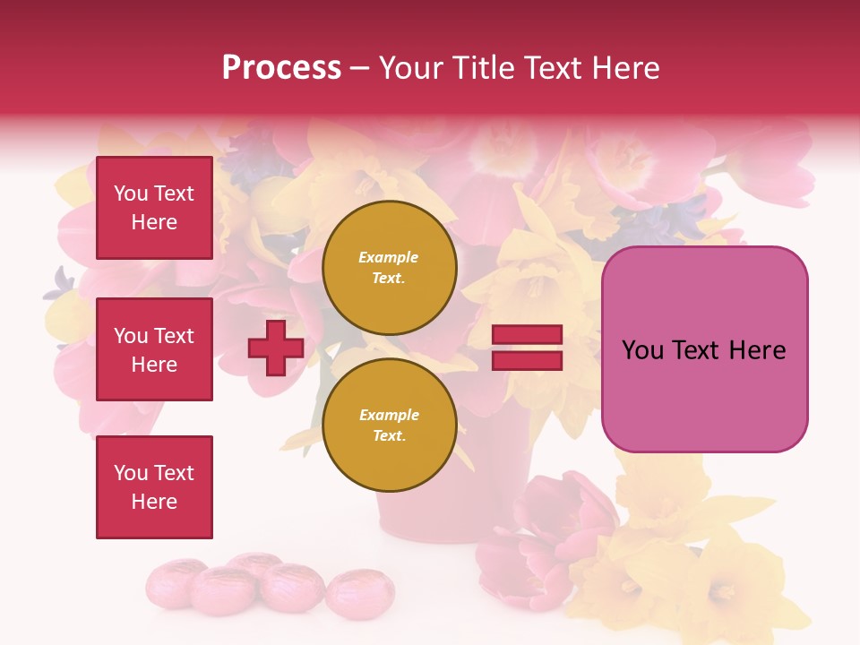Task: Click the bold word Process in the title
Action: (x=281, y=67)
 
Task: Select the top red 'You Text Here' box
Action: (x=154, y=208)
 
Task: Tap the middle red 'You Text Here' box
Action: (x=154, y=349)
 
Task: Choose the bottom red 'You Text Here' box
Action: (x=154, y=487)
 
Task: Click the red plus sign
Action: (x=275, y=348)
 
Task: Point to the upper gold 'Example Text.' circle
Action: (x=390, y=268)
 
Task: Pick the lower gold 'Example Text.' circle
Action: (x=390, y=425)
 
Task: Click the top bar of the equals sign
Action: (x=527, y=335)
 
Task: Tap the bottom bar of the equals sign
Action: (x=527, y=360)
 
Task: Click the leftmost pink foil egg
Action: (x=175, y=581)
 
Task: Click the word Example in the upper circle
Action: (x=389, y=257)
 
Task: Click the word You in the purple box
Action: (x=643, y=350)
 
